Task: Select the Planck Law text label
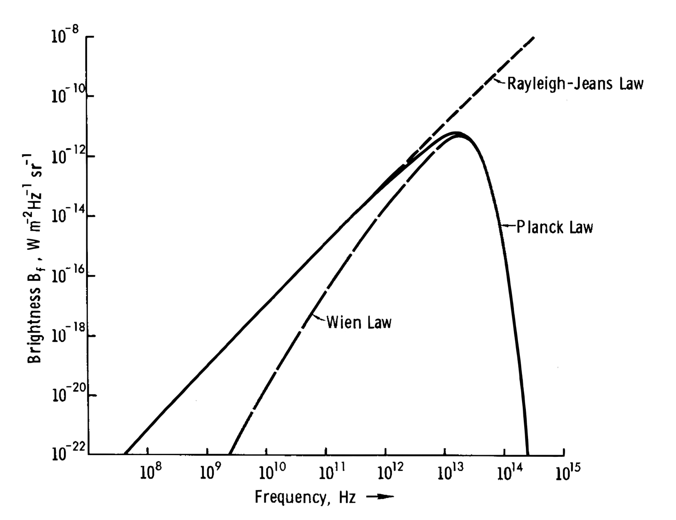(554, 227)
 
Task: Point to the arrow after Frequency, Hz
(380, 497)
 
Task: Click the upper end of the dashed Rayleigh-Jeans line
(533, 38)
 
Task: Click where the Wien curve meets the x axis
(229, 454)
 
